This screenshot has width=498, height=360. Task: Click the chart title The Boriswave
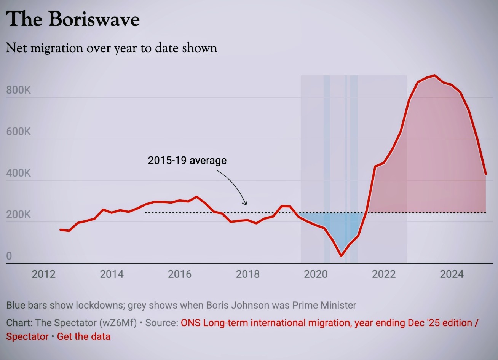73,19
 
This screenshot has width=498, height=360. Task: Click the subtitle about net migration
112,48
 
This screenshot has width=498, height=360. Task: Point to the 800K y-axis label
18,90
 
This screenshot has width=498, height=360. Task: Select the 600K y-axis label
18,132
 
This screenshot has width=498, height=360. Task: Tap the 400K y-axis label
18,173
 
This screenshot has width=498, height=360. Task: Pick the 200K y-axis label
18,215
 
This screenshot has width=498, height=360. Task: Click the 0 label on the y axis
9,256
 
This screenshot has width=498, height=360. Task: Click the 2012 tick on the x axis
43,274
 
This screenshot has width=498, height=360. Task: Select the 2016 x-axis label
179,274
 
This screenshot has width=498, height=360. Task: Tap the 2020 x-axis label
316,274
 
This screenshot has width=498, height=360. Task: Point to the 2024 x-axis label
452,274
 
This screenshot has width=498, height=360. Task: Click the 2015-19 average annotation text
187,161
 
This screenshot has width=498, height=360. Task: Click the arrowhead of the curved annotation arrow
246,204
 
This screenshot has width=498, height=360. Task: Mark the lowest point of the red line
341,256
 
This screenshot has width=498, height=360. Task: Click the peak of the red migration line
434,75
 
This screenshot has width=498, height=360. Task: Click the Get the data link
84,337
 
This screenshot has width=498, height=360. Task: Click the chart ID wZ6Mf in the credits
118,323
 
